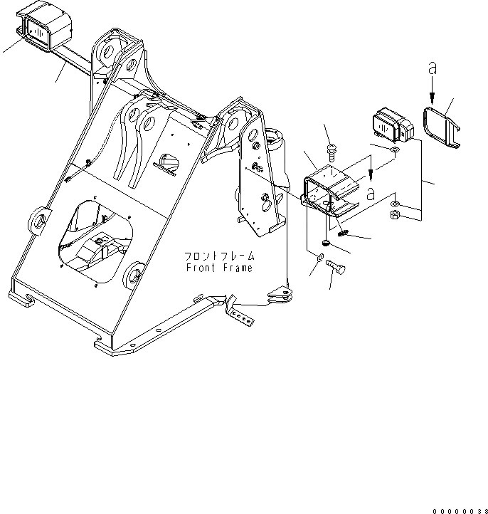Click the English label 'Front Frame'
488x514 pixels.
[x=218, y=268]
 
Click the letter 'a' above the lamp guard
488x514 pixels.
[x=431, y=69]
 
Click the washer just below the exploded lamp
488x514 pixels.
[x=396, y=151]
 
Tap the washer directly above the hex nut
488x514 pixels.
[x=397, y=205]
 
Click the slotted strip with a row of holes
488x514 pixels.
[x=243, y=313]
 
